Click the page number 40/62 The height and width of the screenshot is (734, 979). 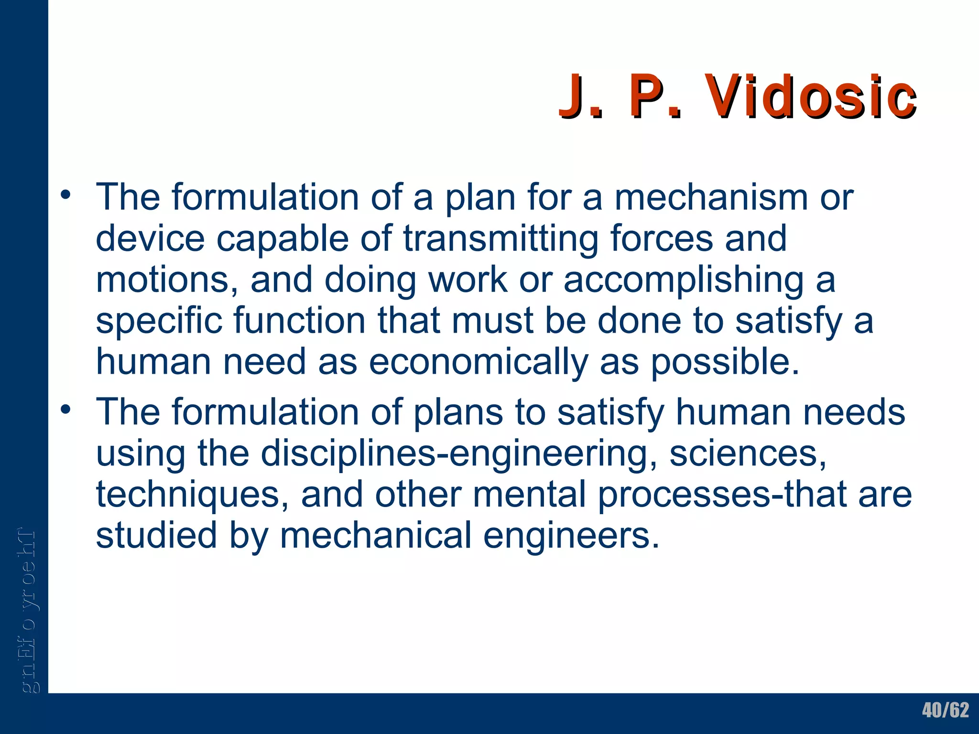point(945,710)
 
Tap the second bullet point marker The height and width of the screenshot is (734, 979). point(65,410)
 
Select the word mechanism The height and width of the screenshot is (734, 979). point(711,197)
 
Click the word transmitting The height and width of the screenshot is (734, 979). point(500,238)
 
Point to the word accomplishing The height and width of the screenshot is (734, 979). point(684,281)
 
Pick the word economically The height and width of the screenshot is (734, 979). point(478,362)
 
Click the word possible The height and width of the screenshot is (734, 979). point(725,362)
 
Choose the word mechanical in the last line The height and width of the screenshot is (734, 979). point(376,535)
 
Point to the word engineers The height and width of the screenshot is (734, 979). point(572,535)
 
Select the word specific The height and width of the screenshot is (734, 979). point(159,321)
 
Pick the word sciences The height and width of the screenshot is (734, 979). point(747,453)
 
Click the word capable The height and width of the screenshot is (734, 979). point(283,238)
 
